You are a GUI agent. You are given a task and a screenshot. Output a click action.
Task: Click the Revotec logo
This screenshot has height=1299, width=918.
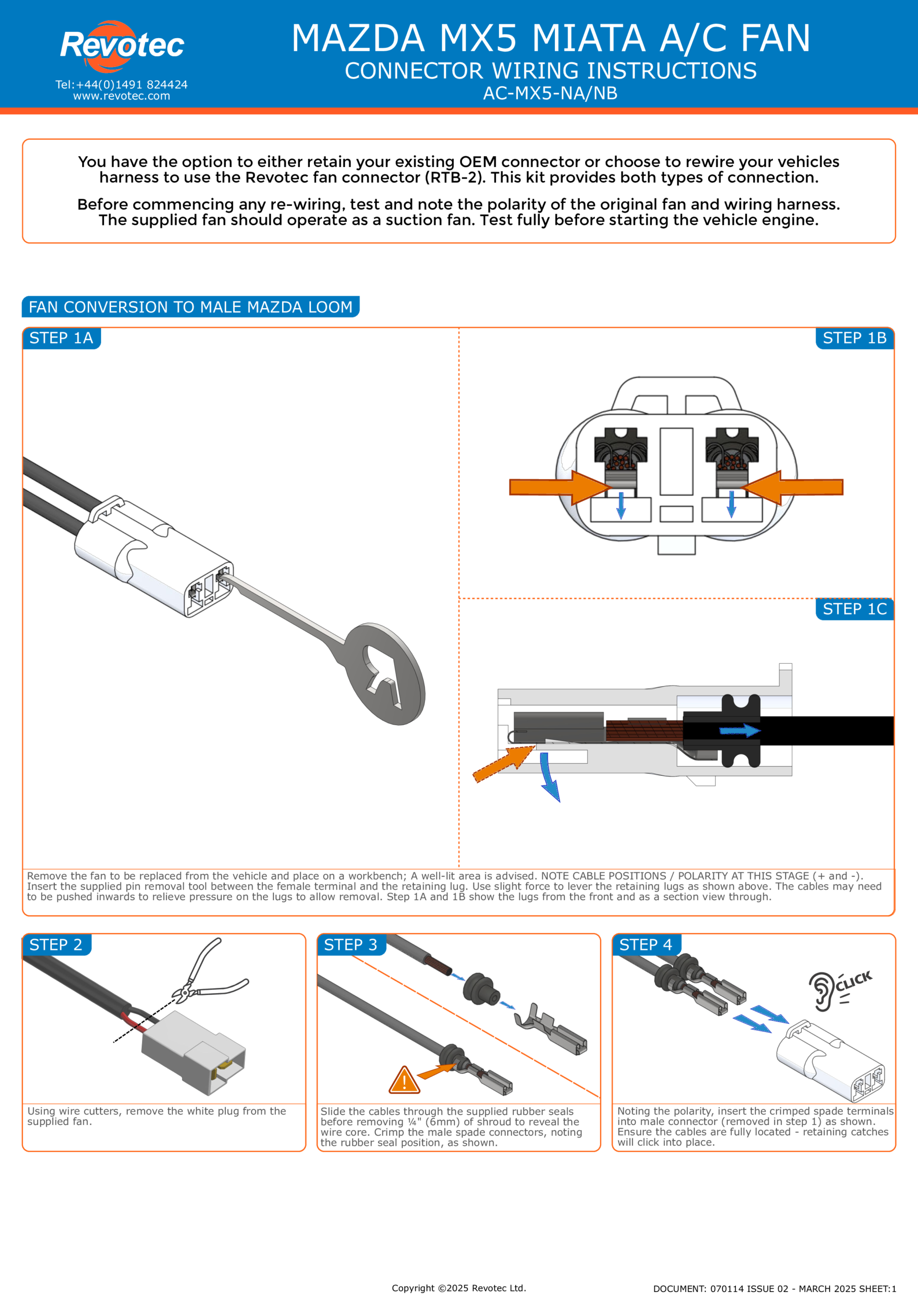tap(122, 46)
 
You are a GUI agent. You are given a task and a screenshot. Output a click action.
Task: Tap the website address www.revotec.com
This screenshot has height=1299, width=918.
tap(122, 96)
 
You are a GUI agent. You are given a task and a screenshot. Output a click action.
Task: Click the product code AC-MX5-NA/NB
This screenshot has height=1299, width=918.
tap(550, 93)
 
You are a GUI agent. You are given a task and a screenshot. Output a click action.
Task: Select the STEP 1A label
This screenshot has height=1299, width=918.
tap(61, 338)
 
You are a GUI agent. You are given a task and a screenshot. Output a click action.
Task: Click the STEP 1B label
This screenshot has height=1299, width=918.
tap(855, 338)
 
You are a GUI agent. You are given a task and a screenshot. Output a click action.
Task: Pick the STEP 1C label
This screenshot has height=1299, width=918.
tap(855, 609)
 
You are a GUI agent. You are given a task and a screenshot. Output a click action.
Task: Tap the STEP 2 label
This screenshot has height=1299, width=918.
tap(56, 944)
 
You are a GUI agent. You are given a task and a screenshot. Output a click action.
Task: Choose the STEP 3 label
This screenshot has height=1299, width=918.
tap(350, 944)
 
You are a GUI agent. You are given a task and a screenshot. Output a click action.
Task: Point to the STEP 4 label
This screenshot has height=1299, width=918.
tap(646, 944)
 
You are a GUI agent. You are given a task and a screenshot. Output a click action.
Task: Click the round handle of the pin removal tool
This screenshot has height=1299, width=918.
tap(384, 674)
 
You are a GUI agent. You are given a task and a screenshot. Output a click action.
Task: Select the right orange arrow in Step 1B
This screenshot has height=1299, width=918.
tap(792, 487)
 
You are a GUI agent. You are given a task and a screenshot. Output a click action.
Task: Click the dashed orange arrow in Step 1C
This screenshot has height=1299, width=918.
tap(504, 764)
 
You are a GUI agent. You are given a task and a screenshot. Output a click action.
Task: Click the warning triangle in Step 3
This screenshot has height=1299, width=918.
tap(404, 1080)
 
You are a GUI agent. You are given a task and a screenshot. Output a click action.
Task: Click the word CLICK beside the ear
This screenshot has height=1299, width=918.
tap(854, 981)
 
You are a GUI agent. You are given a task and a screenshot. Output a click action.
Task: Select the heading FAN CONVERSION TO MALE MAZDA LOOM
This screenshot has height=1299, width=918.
tap(191, 306)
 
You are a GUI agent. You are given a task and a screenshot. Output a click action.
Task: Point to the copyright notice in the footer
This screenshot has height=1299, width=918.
tap(458, 1288)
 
